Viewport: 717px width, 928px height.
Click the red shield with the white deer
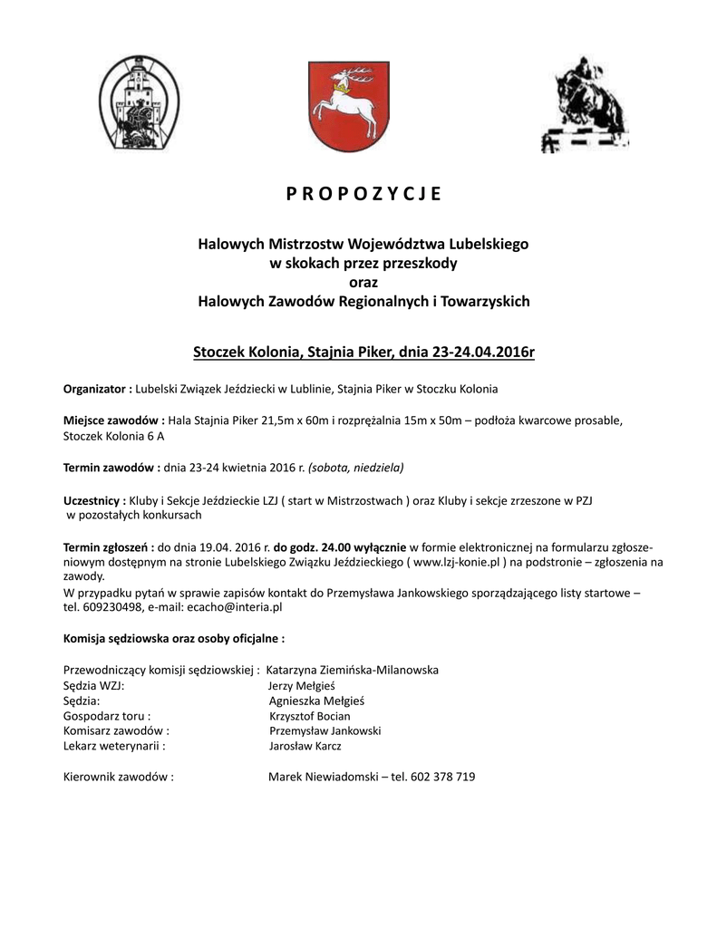coord(349,107)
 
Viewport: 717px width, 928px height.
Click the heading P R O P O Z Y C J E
coord(363,193)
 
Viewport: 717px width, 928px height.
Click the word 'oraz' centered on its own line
coord(363,283)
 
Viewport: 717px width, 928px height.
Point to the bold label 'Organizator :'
coord(98,390)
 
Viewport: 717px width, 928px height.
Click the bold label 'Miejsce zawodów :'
coord(113,420)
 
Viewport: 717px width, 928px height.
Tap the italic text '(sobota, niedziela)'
coord(356,468)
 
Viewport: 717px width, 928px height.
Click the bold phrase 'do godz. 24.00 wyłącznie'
coord(341,547)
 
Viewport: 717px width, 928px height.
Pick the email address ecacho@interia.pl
coord(235,607)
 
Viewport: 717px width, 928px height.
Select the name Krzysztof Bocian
coord(310,716)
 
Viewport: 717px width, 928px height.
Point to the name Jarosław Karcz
coord(305,747)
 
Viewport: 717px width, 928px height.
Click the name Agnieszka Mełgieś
coord(317,701)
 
